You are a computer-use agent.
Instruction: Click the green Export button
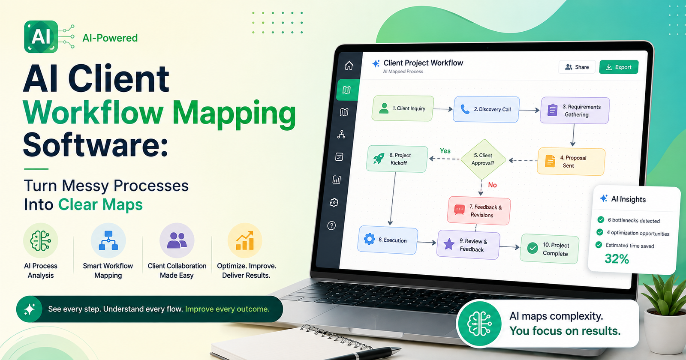(x=619, y=67)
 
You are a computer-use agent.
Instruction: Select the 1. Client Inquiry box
(x=403, y=108)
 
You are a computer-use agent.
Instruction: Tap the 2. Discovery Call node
(x=486, y=109)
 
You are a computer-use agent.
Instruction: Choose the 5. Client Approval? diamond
(x=483, y=159)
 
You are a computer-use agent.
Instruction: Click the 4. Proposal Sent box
(x=571, y=162)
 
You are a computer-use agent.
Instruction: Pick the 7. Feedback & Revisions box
(x=478, y=210)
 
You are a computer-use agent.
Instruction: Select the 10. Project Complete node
(x=549, y=249)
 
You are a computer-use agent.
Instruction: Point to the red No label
(x=493, y=185)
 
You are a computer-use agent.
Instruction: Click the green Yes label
(x=445, y=151)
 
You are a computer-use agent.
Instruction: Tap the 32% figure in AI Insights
(x=617, y=259)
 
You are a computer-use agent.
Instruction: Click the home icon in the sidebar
(x=349, y=66)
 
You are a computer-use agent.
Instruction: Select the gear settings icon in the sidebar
(x=334, y=202)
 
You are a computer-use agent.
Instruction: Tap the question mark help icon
(x=331, y=225)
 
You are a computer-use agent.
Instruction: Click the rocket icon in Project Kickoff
(x=379, y=159)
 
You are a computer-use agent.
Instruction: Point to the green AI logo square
(x=41, y=37)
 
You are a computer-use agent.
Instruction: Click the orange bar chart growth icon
(x=245, y=240)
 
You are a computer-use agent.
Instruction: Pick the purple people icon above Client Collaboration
(x=177, y=240)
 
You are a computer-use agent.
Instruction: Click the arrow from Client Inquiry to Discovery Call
(x=443, y=109)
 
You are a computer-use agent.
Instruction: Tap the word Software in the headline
(x=95, y=145)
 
